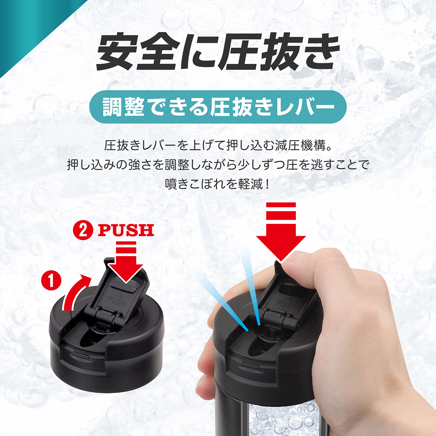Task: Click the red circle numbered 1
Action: [51, 281]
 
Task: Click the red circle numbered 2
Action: [83, 230]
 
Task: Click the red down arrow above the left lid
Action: [125, 265]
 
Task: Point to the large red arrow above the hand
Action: [281, 233]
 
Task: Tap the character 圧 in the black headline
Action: [241, 53]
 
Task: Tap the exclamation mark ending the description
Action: [268, 183]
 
